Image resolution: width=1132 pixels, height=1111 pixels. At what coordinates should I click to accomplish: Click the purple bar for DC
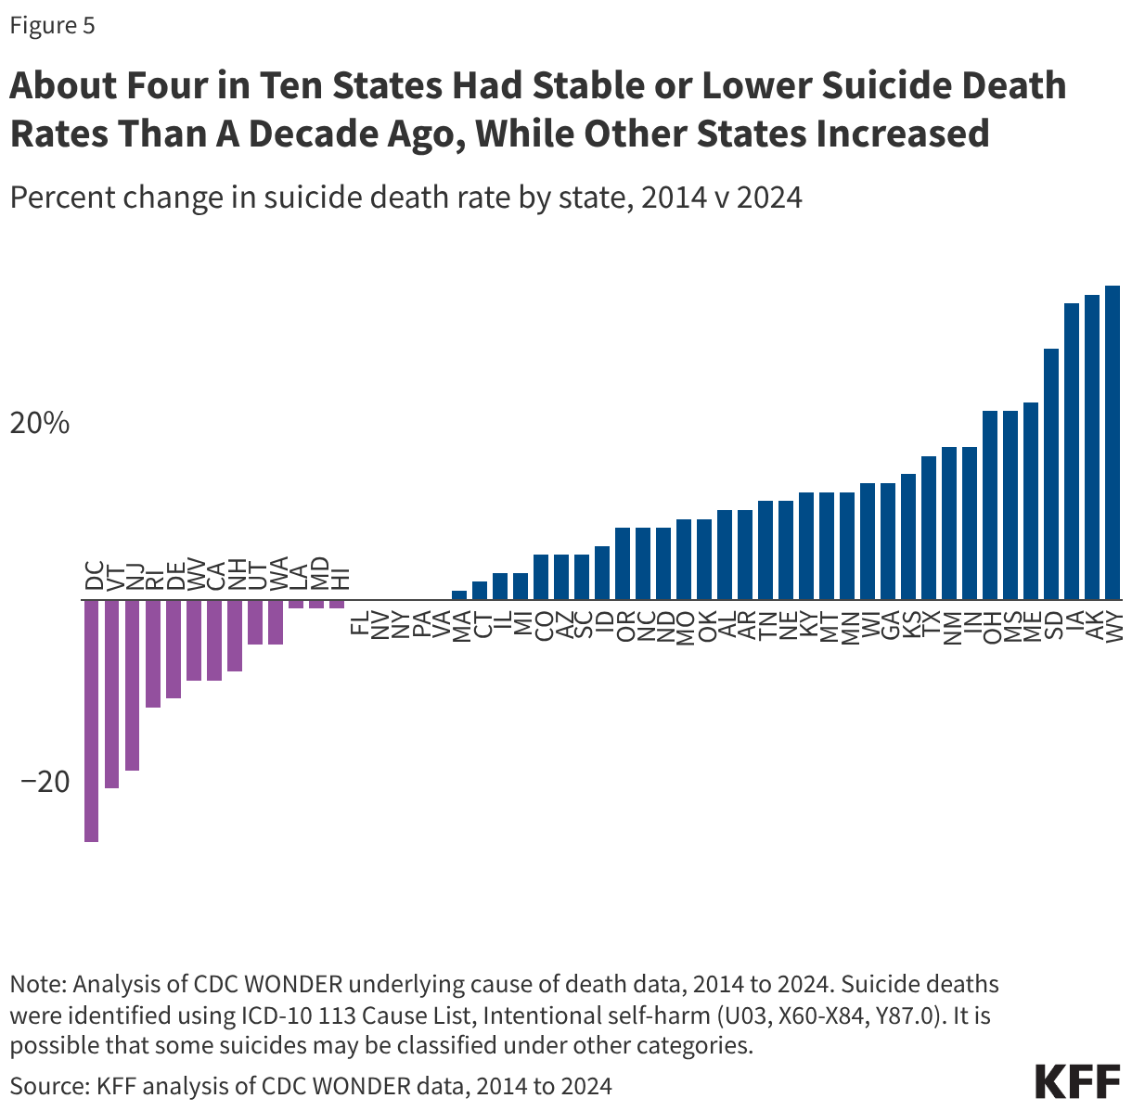point(91,721)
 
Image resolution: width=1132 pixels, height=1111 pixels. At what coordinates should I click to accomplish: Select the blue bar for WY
point(1112,442)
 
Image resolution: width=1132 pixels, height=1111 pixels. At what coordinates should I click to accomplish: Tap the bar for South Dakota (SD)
point(1050,474)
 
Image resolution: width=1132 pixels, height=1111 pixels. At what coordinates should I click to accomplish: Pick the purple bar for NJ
point(132,684)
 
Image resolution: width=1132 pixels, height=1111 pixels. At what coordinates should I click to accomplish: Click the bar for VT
point(111,694)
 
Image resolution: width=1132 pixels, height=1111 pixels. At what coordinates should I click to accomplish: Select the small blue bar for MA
point(458,595)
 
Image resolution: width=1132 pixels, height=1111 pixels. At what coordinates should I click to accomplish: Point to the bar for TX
point(928,528)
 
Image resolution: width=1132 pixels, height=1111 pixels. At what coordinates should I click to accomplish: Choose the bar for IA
point(1071,451)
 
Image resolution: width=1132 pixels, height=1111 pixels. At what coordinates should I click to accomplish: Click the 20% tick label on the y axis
point(40,424)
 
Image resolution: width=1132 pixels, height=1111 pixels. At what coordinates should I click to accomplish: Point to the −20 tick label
point(45,782)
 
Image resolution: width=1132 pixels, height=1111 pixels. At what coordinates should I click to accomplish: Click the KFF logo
point(1076,1082)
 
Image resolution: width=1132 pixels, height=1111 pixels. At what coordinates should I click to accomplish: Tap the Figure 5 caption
point(52,25)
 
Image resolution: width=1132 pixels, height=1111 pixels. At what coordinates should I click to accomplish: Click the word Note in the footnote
point(36,983)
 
